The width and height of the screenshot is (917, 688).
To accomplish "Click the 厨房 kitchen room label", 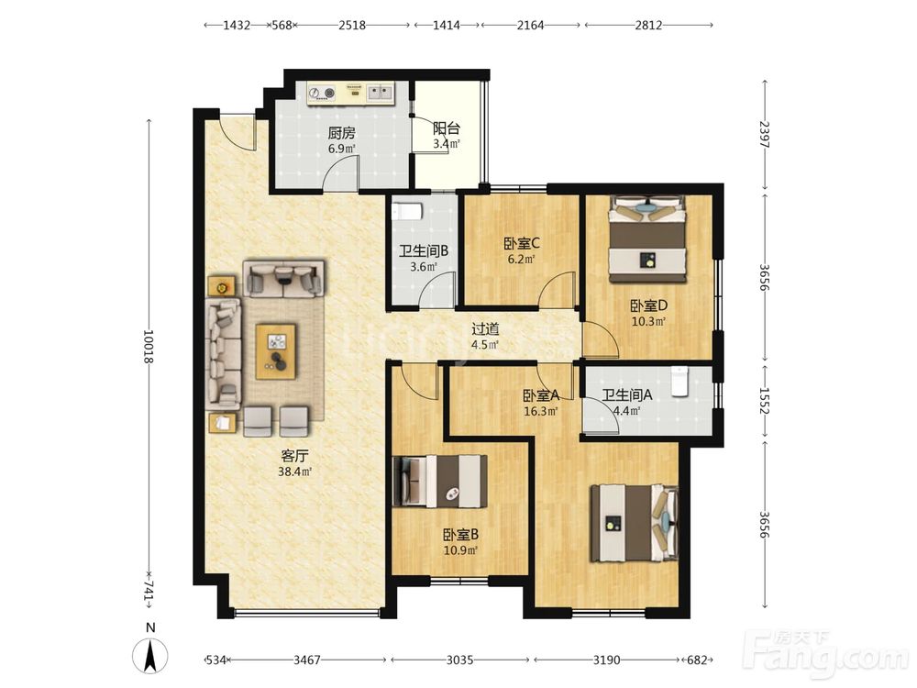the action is pos(341,133).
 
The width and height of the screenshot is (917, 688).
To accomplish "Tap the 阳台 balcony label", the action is pos(447,128).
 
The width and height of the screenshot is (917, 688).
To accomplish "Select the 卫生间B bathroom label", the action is pos(424,251).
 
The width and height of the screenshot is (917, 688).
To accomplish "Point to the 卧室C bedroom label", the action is pos(521,242).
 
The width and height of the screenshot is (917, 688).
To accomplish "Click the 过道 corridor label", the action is pos(485,328).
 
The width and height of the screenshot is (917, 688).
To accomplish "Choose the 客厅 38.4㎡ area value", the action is pos(294,472).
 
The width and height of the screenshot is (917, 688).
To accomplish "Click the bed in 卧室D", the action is pos(647,239).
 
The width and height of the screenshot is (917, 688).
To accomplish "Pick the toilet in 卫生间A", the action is pos(679,382).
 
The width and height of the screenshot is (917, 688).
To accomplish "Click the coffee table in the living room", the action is pos(276,351).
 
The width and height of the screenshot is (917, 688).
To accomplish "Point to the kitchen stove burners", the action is pos(322,93).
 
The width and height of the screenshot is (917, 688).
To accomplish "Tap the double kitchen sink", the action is pos(381,92).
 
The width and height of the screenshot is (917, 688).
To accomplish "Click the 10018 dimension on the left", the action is pos(149,347).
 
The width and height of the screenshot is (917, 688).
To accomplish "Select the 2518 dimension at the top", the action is pos(352,25).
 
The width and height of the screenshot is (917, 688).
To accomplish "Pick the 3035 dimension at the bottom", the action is pos(459,660).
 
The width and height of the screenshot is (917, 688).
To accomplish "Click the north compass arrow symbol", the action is pos(150,655).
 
